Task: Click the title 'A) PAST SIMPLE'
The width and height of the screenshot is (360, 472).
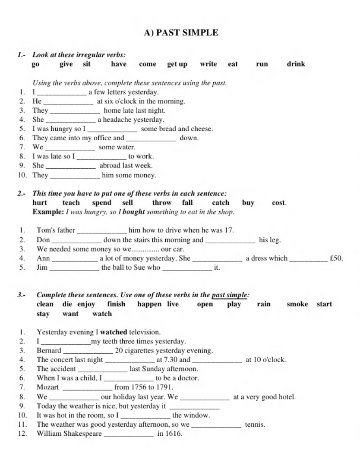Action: pos(181,33)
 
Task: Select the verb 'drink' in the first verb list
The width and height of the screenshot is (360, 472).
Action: pos(296,64)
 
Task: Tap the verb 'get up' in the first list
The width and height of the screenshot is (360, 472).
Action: pos(177,64)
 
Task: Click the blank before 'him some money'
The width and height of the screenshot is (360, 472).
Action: pos(75,176)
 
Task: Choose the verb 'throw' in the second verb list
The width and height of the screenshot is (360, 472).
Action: pos(162,203)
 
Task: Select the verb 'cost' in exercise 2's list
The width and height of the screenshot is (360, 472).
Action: pos(278,203)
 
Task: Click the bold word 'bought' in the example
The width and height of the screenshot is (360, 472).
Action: pos(134,212)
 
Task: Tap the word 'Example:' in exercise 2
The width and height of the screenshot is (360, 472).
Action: pos(48,212)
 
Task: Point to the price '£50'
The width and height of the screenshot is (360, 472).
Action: pos(336,258)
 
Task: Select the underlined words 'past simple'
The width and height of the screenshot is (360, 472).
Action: pos(230,295)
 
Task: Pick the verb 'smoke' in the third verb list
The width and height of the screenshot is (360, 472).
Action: pos(297,304)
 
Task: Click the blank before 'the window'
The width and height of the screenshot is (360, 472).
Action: pos(145,416)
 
